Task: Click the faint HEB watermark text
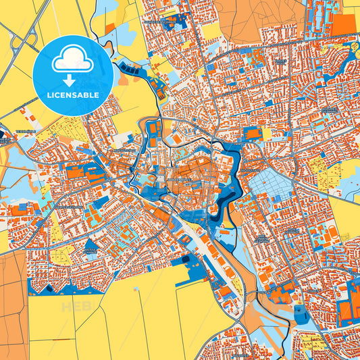[74, 307]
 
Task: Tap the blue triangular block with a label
[182, 263]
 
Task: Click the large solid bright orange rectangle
[344, 24]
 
